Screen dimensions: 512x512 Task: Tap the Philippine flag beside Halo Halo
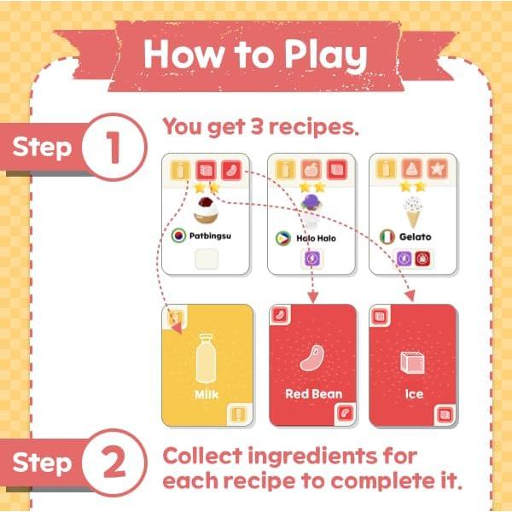click(x=282, y=237)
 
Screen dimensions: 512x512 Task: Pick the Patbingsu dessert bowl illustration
click(x=206, y=209)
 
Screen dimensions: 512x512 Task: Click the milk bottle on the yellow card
click(x=207, y=359)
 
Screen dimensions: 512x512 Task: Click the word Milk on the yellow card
click(x=207, y=395)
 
